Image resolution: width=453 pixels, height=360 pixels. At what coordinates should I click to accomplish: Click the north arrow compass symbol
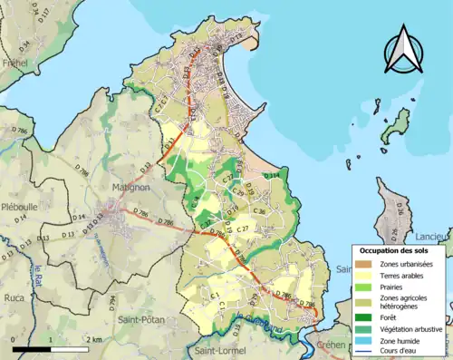pos(403,50)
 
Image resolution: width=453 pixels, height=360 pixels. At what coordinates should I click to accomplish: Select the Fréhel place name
pos(15,63)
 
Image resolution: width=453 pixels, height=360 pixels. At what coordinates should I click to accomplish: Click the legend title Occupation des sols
pos(396,249)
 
